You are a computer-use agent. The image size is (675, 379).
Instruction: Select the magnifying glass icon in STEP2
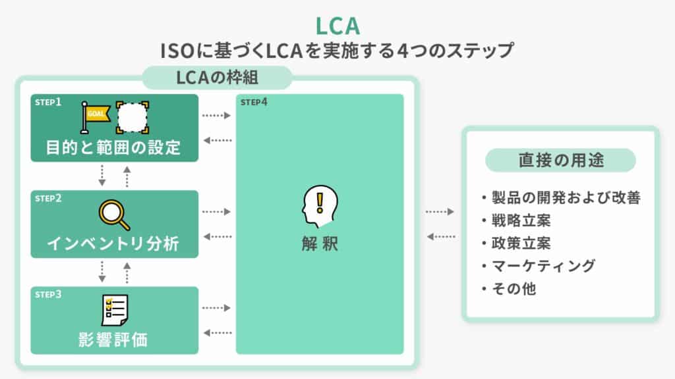113,213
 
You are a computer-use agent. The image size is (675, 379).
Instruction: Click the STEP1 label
48,103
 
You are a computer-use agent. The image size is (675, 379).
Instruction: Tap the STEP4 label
254,103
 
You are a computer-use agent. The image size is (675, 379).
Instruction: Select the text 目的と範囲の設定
114,147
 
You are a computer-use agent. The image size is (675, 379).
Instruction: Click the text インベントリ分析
114,243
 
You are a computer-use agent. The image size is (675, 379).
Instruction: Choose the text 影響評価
114,340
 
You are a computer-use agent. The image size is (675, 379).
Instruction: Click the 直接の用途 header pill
560,160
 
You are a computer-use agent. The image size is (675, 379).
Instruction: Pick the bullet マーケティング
543,266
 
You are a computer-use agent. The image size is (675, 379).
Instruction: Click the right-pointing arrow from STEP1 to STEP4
216,116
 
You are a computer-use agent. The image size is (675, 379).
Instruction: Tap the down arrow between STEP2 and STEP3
103,270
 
